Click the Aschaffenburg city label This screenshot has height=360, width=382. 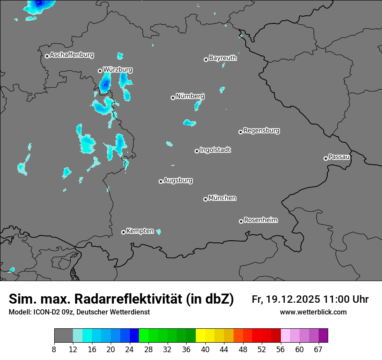coord(72,55)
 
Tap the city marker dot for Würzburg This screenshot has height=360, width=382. coord(100,71)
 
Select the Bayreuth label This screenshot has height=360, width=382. coord(223,58)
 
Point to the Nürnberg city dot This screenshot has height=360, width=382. coord(173,98)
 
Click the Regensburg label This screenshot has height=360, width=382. coord(261,130)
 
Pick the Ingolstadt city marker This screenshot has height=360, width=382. coord(197,151)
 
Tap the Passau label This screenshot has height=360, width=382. coord(339,157)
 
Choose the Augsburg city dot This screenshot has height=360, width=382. coord(161,181)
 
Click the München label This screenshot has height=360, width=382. coord(222,198)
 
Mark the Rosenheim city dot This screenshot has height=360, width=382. coord(241,221)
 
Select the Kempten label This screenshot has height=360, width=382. coord(140,231)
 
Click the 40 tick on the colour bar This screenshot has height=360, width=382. coord(205,349)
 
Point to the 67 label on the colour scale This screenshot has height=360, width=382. coord(318,349)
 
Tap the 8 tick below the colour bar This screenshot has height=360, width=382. coord(54,349)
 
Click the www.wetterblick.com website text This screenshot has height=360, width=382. coord(313,312)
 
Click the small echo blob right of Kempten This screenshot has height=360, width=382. coord(158,232)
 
